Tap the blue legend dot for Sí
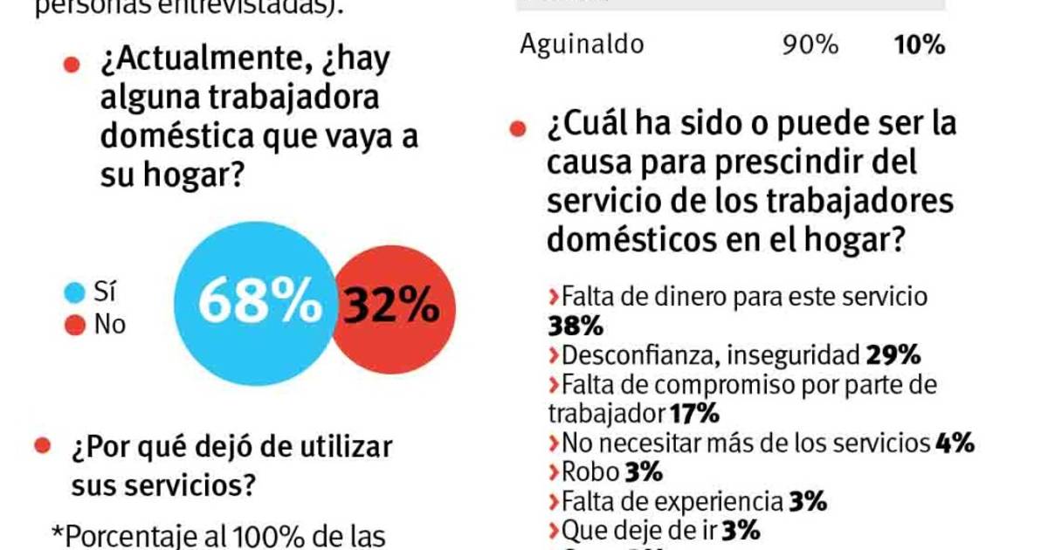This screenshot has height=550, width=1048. [x=75, y=292]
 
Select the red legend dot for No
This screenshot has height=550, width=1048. [x=75, y=326]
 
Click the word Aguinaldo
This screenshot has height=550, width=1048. [x=581, y=45]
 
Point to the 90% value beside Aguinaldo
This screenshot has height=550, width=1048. [x=810, y=45]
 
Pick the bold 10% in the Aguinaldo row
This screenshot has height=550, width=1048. [x=919, y=45]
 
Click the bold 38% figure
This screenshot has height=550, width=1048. [x=576, y=327]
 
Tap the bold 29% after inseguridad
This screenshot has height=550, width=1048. [x=893, y=355]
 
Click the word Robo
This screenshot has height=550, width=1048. [x=590, y=472]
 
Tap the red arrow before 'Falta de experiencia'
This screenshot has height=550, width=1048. [x=554, y=502]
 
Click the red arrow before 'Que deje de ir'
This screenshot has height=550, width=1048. [x=554, y=531]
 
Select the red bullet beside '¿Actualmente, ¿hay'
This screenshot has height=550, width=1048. [x=72, y=65]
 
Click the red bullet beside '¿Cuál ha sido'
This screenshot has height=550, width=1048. [x=518, y=128]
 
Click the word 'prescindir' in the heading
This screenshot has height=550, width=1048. [x=820, y=162]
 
